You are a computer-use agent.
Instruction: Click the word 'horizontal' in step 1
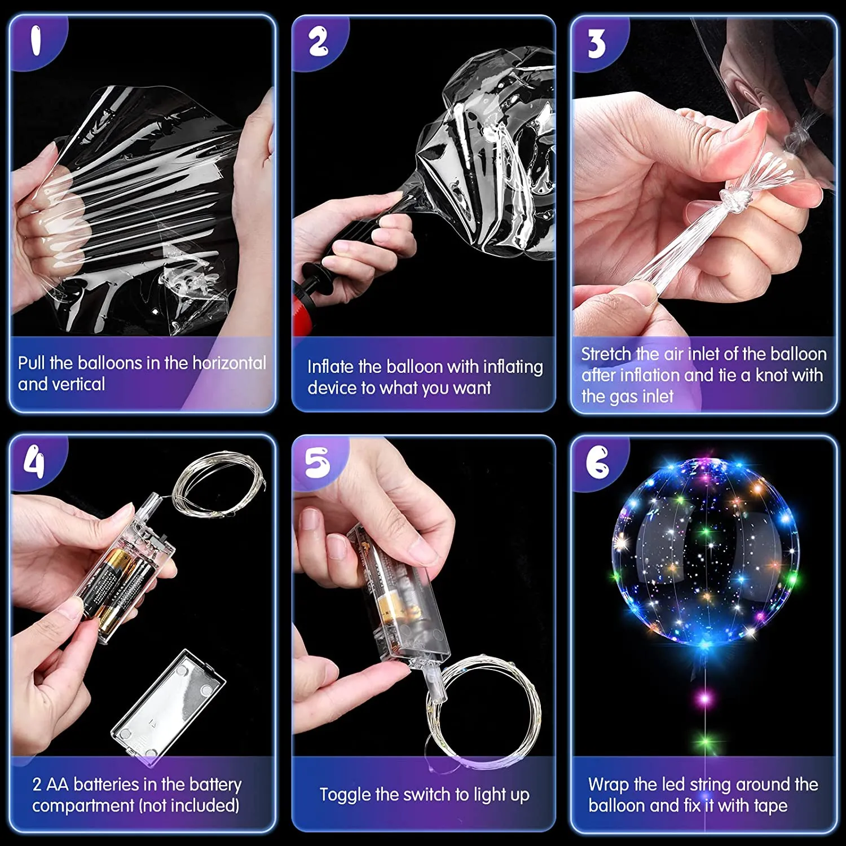(x=229, y=363)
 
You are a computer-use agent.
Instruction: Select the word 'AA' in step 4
(x=58, y=785)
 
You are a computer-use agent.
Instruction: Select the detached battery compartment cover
(x=168, y=708)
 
